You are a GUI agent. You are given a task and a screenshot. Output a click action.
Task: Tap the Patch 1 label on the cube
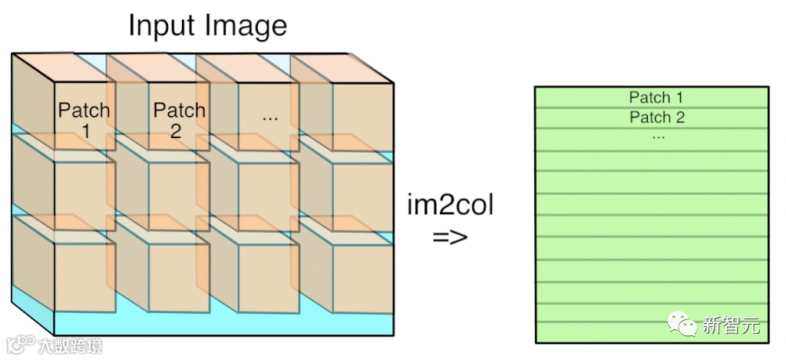point(84,120)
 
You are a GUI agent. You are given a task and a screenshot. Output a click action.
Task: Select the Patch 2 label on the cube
point(179,120)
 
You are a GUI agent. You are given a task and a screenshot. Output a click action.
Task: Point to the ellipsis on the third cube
point(269,117)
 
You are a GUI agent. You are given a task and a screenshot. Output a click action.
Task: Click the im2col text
point(451,206)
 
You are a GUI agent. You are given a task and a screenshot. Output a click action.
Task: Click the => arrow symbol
point(450,236)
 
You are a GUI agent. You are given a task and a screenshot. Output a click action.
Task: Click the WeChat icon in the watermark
point(682,325)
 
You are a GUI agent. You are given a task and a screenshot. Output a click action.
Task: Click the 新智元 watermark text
point(731,325)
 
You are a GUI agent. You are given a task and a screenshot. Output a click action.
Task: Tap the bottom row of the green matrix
point(651,332)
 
